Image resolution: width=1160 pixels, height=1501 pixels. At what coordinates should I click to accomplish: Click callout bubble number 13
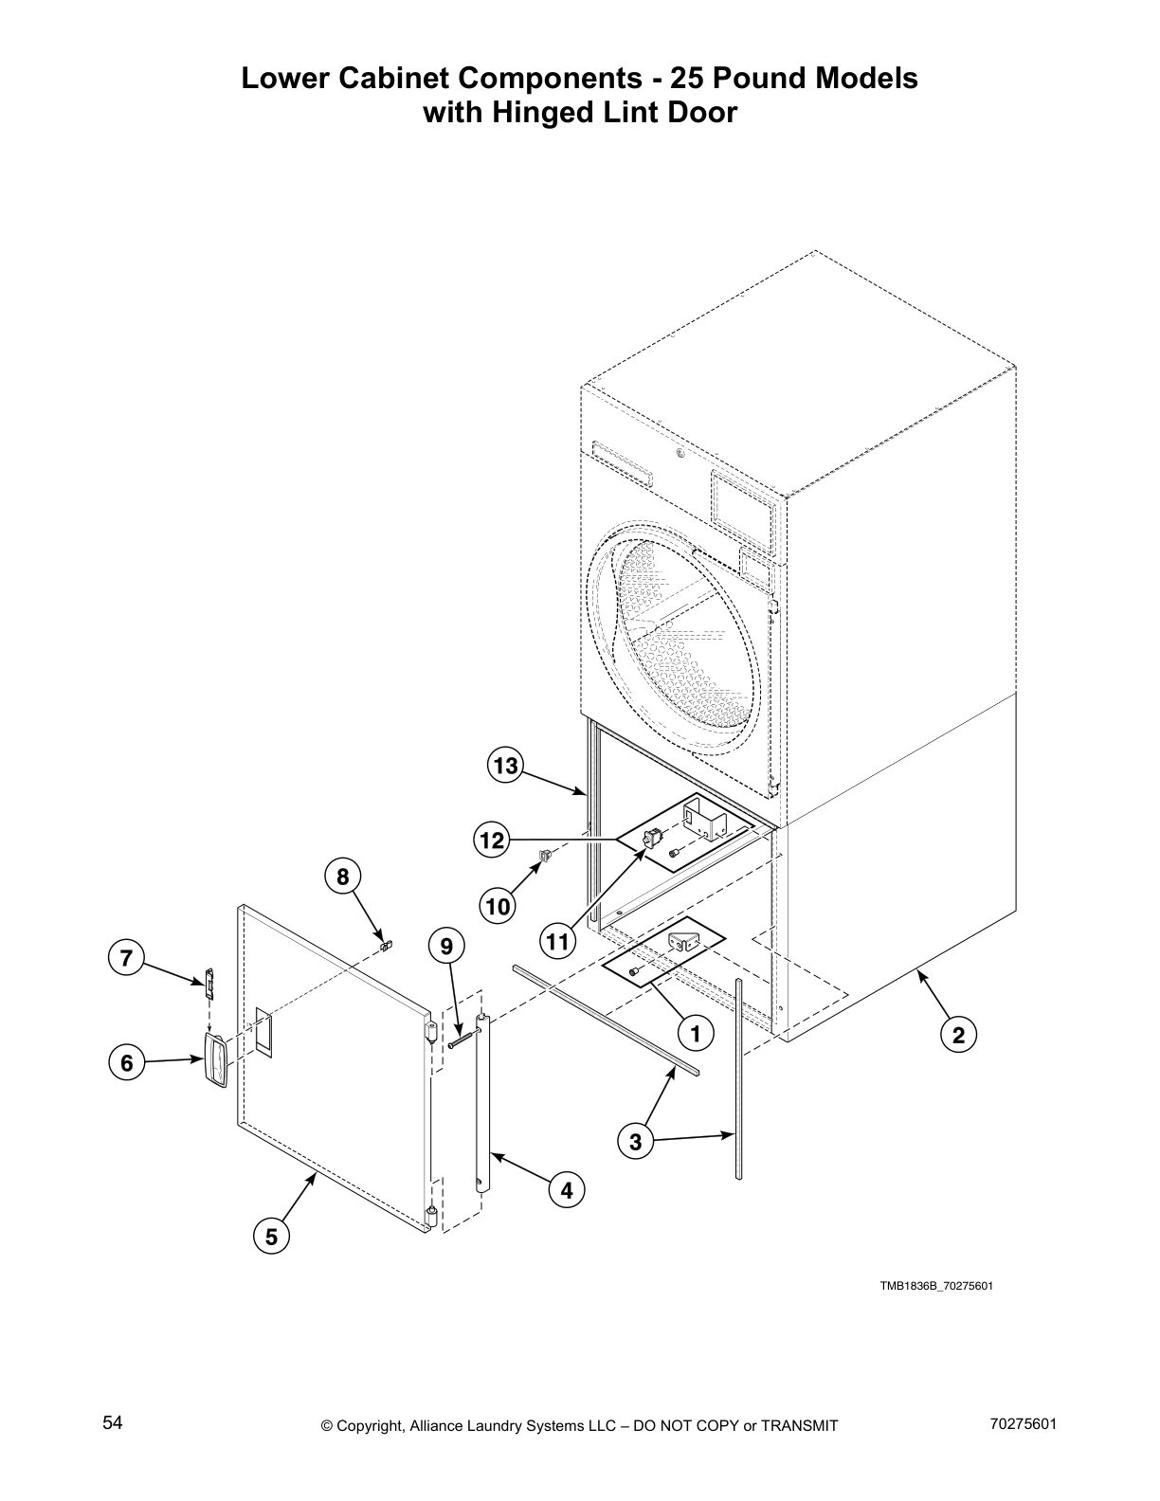(x=507, y=765)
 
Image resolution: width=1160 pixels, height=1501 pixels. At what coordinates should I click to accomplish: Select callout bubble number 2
(x=958, y=1036)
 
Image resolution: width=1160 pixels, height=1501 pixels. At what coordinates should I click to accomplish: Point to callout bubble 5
(x=271, y=1236)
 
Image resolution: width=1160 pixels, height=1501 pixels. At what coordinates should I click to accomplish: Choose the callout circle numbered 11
(x=559, y=941)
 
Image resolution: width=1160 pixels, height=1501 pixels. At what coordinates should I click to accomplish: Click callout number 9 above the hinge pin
(x=447, y=945)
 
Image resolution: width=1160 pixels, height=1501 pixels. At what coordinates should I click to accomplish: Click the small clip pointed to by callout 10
(x=544, y=857)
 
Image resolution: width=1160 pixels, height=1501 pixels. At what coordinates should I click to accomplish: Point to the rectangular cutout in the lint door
(x=262, y=1032)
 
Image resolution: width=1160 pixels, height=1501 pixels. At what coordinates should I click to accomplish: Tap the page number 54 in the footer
(x=113, y=1423)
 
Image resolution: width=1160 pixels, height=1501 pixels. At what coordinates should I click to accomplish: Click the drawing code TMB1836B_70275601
(x=935, y=1286)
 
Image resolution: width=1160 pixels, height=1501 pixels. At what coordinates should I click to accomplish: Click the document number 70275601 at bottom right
(x=1022, y=1423)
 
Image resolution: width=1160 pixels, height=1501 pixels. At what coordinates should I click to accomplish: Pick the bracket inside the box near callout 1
(x=683, y=944)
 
